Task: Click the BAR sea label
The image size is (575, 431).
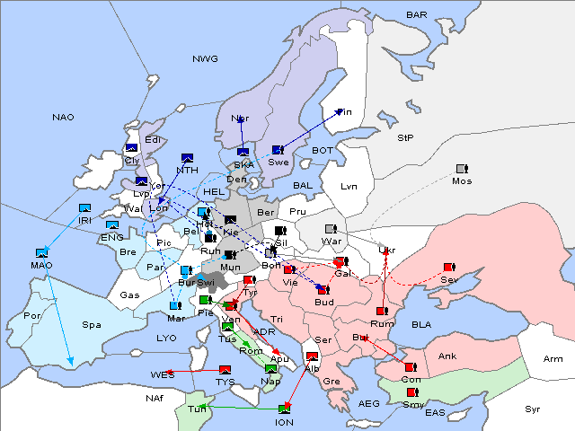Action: tap(416, 15)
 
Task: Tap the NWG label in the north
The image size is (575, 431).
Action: tap(204, 58)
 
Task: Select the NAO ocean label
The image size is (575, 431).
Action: tap(64, 117)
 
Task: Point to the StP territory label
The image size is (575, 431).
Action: tap(405, 138)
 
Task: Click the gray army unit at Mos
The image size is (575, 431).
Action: tap(463, 169)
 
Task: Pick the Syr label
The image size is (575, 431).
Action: tap(533, 409)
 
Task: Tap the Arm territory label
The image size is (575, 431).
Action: tap(553, 359)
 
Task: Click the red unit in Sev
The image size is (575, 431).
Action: tap(449, 268)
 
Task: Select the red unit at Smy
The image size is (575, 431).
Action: tap(412, 393)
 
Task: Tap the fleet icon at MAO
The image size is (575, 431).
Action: tap(41, 254)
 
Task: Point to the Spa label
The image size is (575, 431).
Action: tap(92, 324)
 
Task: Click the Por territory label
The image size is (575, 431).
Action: tap(33, 316)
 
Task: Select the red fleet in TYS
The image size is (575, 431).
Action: tap(225, 370)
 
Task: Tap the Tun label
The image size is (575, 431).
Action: tap(196, 409)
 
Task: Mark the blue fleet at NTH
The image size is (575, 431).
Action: tap(188, 158)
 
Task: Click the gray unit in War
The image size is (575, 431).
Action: tap(330, 230)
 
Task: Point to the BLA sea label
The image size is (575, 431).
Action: tap(421, 324)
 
